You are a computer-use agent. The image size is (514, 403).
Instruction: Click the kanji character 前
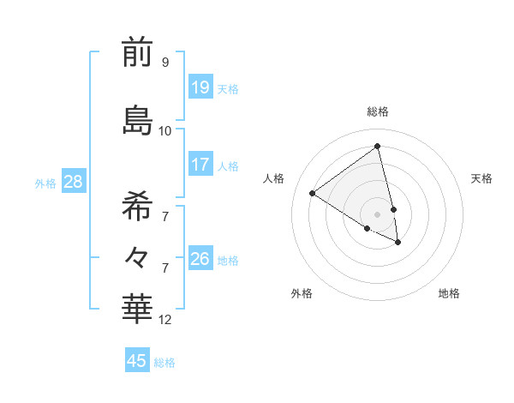(x=137, y=53)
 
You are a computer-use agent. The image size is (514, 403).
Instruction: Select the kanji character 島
(x=137, y=120)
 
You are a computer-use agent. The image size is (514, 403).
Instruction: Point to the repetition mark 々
(x=137, y=256)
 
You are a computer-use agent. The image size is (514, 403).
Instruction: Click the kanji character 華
(x=137, y=309)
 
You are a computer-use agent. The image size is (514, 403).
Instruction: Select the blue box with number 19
(x=200, y=87)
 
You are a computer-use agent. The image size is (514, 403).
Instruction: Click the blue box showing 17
(x=200, y=165)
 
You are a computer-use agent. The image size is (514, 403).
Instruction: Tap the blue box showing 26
(x=200, y=259)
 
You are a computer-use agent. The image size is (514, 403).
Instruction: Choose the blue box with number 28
(x=73, y=182)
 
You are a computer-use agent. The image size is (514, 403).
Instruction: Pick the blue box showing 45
(x=137, y=361)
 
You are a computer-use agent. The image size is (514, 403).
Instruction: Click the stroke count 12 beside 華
(x=166, y=320)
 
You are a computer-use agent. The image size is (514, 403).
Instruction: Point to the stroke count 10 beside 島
(x=165, y=131)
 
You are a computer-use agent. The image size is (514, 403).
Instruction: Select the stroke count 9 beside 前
(x=165, y=63)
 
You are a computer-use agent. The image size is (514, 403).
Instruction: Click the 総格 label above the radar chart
(x=378, y=111)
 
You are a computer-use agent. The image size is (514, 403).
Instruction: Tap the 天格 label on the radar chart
(x=481, y=178)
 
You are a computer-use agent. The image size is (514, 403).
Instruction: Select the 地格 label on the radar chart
(x=449, y=293)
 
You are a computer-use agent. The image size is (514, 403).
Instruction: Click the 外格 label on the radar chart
(x=302, y=293)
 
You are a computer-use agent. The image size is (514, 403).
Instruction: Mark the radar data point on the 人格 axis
(x=313, y=193)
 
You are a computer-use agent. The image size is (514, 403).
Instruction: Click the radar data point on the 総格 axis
(x=378, y=146)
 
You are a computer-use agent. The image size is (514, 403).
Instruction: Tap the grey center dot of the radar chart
(x=378, y=214)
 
